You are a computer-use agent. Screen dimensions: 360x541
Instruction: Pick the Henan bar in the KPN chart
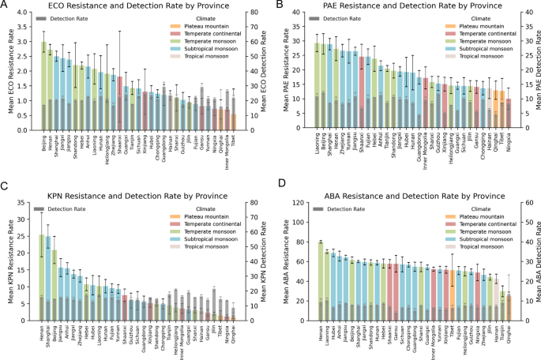point(43,276)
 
